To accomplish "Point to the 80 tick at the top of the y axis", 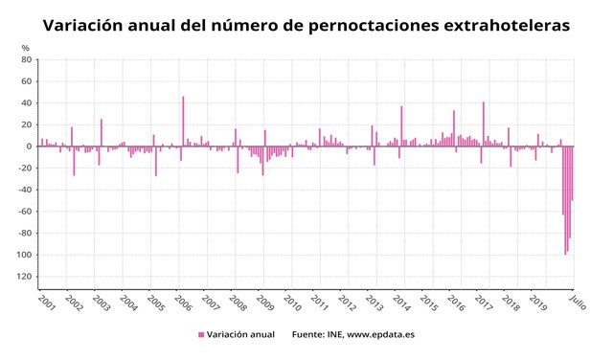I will tap(27, 59).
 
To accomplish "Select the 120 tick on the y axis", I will tap(25, 277).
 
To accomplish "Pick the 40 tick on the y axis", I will tap(27, 103).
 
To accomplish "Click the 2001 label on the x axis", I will tap(46, 304).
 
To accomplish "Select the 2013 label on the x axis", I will tap(375, 304).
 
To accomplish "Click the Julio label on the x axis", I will tap(577, 303).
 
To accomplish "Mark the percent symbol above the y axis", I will tap(26, 47).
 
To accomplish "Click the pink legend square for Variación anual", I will tap(201, 335).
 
